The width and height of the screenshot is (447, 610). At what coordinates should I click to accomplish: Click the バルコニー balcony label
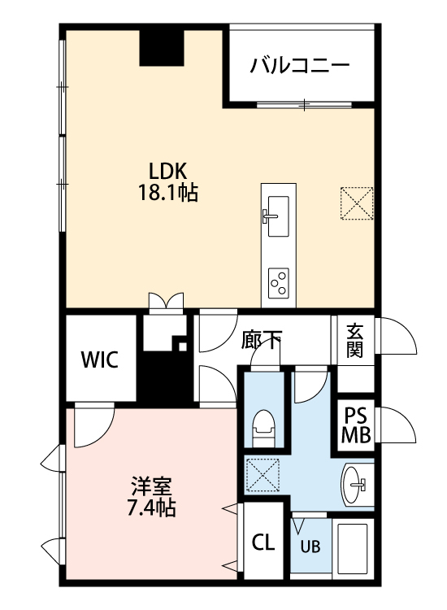pyautogui.click(x=300, y=65)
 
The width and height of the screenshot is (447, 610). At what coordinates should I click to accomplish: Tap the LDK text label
pyautogui.click(x=169, y=171)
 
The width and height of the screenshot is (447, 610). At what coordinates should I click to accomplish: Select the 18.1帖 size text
pyautogui.click(x=168, y=193)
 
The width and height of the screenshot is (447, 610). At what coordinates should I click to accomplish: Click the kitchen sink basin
pyautogui.click(x=278, y=216)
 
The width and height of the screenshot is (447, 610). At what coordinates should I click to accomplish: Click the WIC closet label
pyautogui.click(x=99, y=359)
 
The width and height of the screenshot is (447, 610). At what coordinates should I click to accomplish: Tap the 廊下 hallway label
pyautogui.click(x=261, y=340)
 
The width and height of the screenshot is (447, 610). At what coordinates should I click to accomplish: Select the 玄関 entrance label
pyautogui.click(x=355, y=341)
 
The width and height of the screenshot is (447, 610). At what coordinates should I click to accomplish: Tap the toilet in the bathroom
pyautogui.click(x=264, y=428)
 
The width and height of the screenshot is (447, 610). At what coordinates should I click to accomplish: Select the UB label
pyautogui.click(x=310, y=547)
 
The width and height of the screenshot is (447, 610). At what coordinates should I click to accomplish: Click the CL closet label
pyautogui.click(x=263, y=542)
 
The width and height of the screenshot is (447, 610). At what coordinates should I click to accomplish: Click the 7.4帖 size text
pyautogui.click(x=152, y=508)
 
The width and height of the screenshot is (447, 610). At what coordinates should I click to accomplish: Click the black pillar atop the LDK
pyautogui.click(x=162, y=48)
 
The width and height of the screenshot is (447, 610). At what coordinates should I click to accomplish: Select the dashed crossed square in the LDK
pyautogui.click(x=357, y=203)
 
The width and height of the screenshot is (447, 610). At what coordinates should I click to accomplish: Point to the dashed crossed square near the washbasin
pyautogui.click(x=263, y=475)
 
